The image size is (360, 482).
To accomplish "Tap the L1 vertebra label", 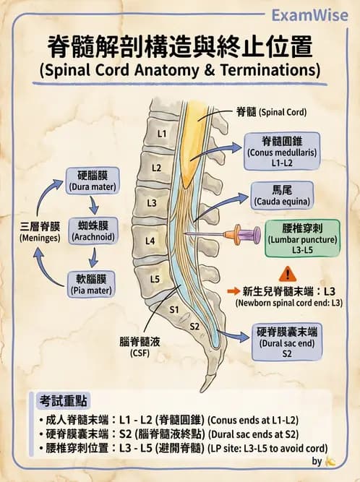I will click(162, 134).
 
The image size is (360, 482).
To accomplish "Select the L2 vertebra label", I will click(156, 168).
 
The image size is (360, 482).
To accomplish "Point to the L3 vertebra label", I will click(152, 203).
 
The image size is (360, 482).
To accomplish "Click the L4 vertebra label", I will click(150, 240).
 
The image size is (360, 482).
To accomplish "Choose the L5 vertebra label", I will click(155, 278).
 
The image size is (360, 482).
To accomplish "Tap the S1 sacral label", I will click(173, 309).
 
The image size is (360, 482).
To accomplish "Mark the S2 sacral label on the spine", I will click(194, 327).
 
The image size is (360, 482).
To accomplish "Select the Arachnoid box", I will click(92, 231).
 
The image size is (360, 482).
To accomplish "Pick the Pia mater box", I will click(92, 284).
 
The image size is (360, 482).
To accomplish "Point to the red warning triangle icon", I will click(287, 274).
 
